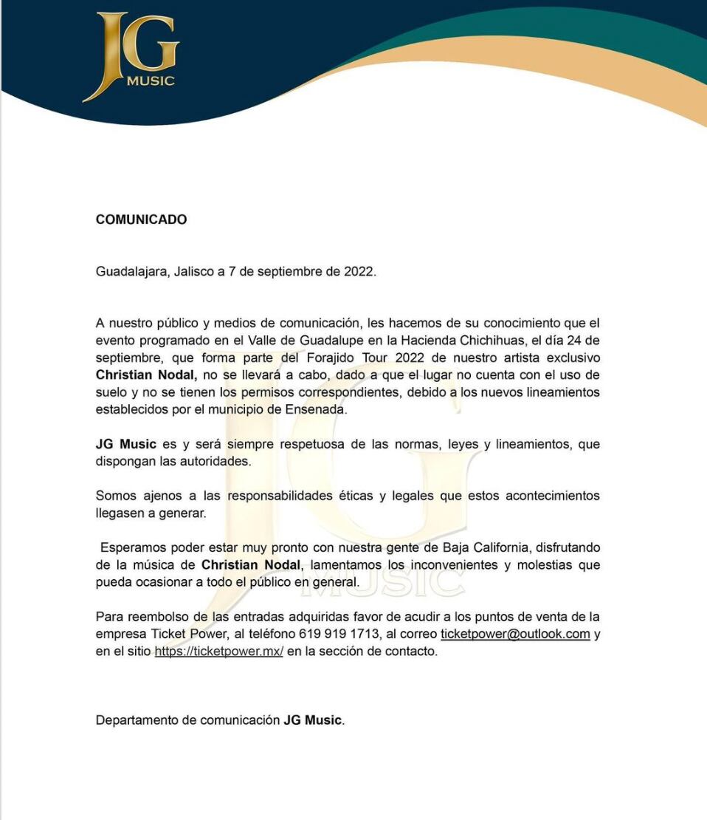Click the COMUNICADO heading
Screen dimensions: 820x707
(x=141, y=219)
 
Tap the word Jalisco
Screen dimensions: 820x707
(x=193, y=271)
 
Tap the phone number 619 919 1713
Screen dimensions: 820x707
(x=339, y=634)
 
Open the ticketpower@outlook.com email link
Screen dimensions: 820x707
(x=515, y=634)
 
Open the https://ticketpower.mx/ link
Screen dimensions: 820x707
(x=218, y=652)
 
